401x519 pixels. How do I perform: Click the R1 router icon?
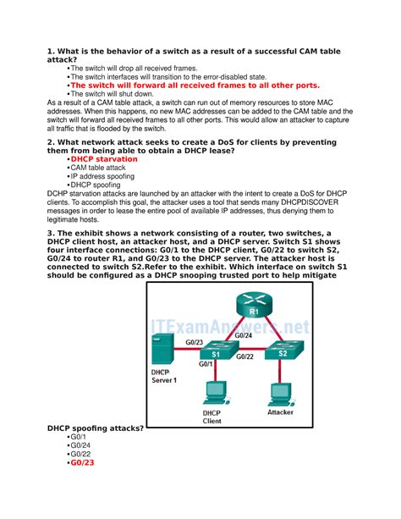point(254,305)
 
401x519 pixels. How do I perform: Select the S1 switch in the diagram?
point(219,351)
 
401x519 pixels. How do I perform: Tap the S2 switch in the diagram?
point(284,350)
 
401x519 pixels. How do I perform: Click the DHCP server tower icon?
point(162,349)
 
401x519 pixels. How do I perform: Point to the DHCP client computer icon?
point(216,394)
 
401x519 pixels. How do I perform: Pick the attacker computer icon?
point(281,395)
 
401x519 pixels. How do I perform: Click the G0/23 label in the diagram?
point(195,343)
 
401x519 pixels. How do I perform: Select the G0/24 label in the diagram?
point(244,335)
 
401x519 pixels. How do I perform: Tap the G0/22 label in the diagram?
point(244,356)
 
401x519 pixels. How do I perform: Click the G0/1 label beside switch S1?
point(206,364)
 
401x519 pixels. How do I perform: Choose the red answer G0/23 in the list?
point(82,463)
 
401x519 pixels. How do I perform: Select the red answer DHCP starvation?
point(104,159)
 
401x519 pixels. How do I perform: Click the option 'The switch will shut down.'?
point(113,94)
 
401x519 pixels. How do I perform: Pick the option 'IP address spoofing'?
point(102,176)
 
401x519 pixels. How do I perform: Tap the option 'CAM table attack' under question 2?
point(98,168)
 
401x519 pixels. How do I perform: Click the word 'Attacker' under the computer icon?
point(281,412)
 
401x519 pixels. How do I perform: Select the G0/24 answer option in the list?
point(80,445)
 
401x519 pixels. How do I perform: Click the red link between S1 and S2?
point(252,349)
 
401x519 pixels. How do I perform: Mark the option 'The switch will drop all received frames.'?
point(134,69)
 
